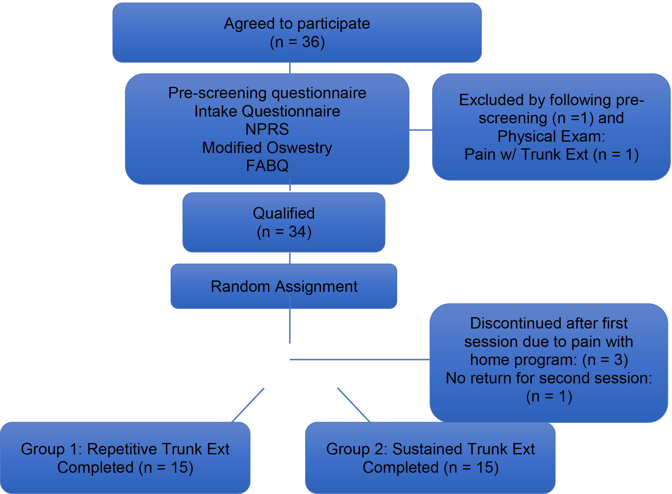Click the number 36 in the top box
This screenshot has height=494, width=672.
[x=311, y=42]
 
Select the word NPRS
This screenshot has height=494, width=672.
[x=267, y=129]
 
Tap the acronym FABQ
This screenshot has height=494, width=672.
[x=267, y=166]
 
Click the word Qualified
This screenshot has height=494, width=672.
[x=284, y=213]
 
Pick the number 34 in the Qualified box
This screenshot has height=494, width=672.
[x=297, y=232]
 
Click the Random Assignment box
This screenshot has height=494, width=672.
[x=284, y=286]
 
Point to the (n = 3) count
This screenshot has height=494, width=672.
[x=605, y=360]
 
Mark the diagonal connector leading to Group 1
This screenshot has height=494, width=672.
[x=248, y=405]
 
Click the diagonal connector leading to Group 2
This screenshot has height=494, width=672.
[x=354, y=405]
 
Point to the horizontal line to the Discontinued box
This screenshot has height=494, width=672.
[x=360, y=360]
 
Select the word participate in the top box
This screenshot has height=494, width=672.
[x=334, y=24]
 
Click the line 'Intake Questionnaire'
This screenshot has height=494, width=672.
[x=267, y=111]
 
